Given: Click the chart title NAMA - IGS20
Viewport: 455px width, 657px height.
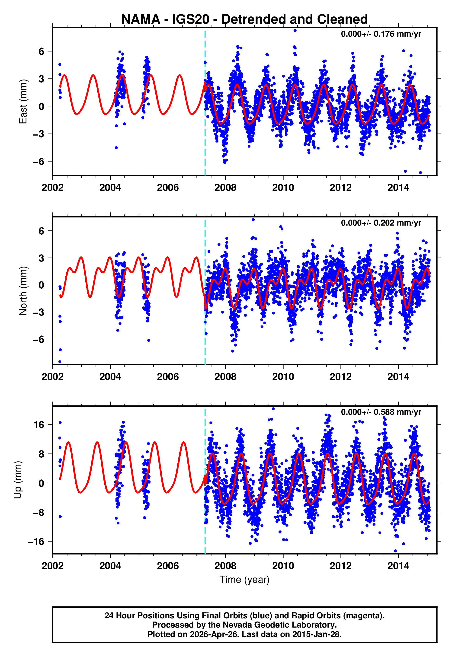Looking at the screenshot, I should (x=244, y=19).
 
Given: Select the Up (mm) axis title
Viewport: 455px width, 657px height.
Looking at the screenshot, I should (x=18, y=480).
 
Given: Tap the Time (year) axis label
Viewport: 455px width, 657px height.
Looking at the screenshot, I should (x=244, y=580).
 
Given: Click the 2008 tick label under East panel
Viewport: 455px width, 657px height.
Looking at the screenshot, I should (x=225, y=188).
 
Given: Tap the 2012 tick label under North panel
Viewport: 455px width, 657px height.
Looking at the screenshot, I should (x=340, y=377).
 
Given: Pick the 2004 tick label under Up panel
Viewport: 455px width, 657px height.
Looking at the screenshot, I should (x=110, y=566).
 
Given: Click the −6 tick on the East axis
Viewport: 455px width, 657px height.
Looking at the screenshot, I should (x=38, y=162).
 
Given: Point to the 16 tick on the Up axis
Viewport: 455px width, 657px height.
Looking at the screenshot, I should (x=39, y=425).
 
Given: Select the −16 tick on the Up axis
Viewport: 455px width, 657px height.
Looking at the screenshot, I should (x=36, y=541).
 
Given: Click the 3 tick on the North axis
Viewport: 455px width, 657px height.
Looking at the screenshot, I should (x=42, y=258).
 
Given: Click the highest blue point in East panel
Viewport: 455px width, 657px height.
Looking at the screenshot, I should (x=295, y=30).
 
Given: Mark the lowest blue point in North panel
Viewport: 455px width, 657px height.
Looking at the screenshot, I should (x=60, y=362).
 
